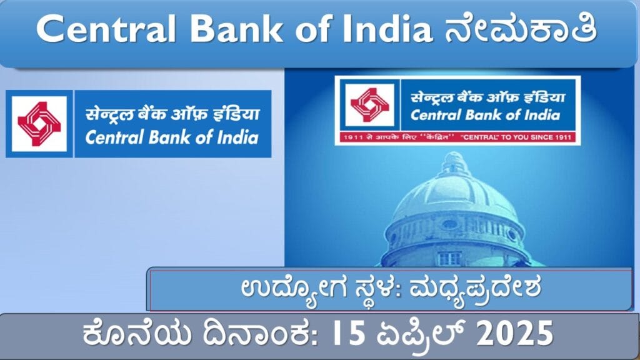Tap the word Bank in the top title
coord(236,29)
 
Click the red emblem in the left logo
coord(39,124)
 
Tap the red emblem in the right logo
coord(370,105)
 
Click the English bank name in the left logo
coord(172,137)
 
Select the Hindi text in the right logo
coord(487,97)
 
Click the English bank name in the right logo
coord(485,115)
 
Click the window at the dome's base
coord(449,259)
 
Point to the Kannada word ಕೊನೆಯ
coord(137,336)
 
